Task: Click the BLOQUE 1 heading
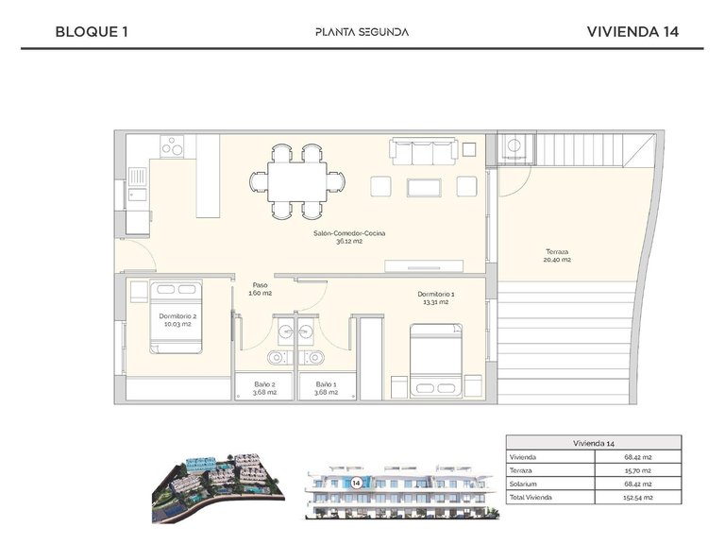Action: (92, 31)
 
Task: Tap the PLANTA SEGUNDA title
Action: (362, 31)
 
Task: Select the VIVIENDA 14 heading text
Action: (632, 31)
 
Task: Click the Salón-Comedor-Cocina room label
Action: (349, 236)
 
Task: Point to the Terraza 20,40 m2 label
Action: (557, 255)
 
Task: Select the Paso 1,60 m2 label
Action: (261, 289)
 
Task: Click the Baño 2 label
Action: (264, 388)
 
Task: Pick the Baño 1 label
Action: (326, 388)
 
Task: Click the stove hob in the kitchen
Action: (172, 146)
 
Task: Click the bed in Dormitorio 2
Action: (176, 315)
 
